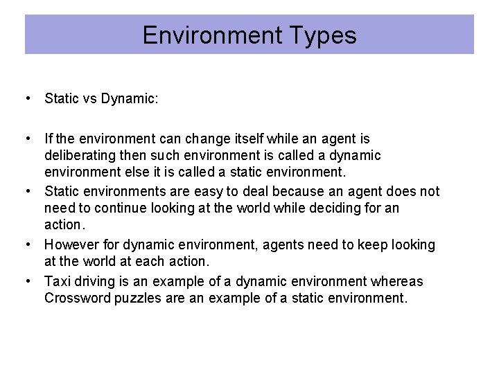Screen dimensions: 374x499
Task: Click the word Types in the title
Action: click(322, 35)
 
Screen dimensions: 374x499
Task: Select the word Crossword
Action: click(76, 298)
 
